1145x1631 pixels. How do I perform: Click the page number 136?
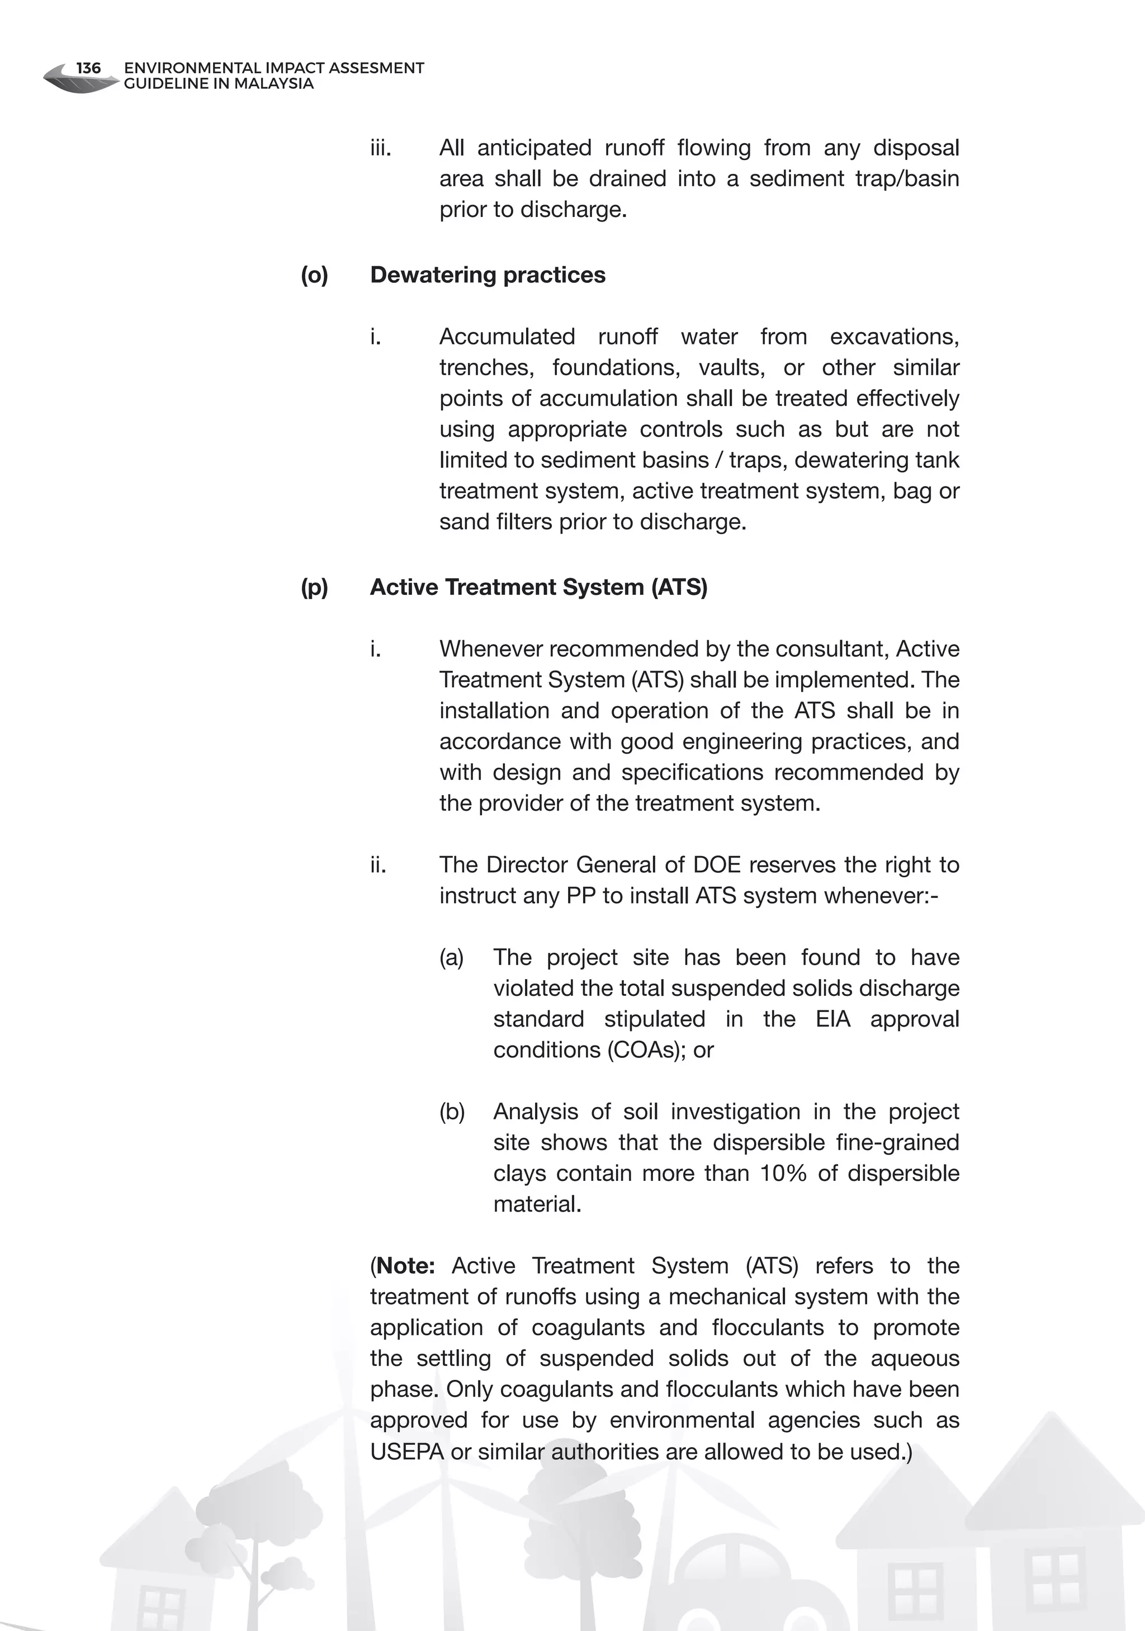88,68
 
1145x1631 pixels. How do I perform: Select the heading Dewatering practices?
488,275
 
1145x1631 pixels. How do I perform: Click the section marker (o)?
314,275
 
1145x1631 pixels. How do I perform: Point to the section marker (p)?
314,588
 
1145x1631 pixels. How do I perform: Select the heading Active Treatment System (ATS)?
538,588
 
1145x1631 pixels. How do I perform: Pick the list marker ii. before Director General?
378,864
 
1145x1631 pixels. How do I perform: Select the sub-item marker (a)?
451,958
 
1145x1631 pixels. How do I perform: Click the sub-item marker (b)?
452,1112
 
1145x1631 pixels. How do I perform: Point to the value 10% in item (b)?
783,1174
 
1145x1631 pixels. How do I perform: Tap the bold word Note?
405,1266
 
